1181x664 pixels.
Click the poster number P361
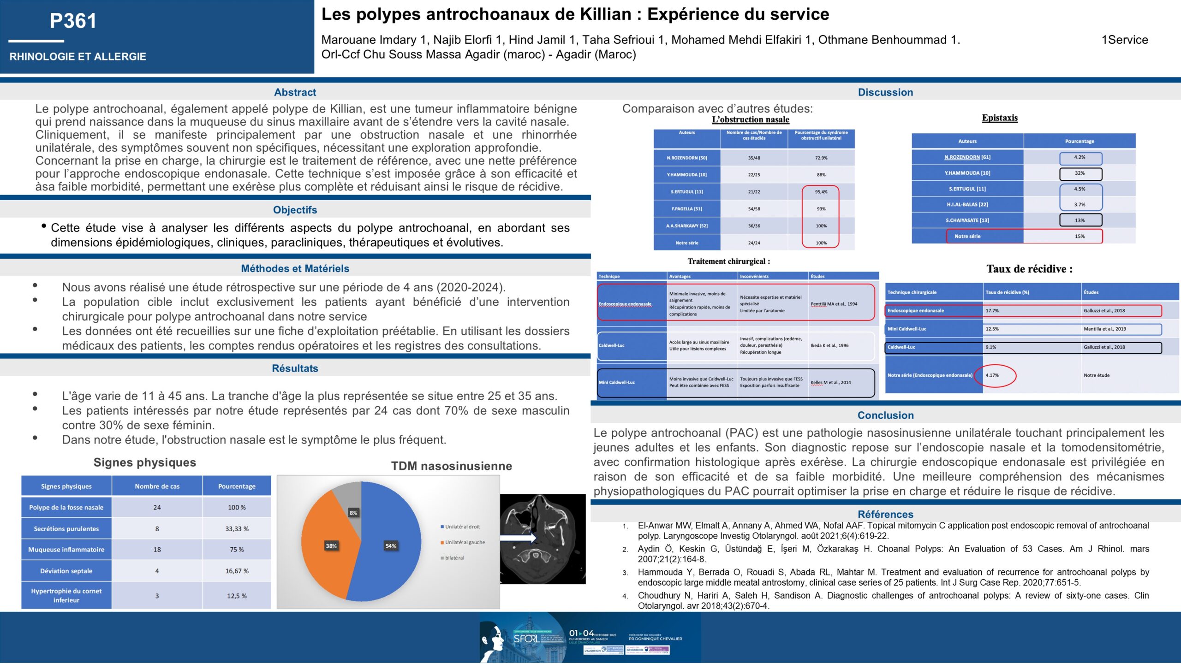73,21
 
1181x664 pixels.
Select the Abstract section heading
295,92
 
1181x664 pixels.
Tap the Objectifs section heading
295,210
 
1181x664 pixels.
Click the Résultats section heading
295,368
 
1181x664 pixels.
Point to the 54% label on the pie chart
391,546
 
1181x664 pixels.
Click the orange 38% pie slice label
331,546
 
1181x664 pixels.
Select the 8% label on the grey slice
353,513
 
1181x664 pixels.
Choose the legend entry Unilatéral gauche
465,542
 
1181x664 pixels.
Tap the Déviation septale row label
66,571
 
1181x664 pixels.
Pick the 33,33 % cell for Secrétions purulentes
237,529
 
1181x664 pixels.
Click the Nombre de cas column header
157,486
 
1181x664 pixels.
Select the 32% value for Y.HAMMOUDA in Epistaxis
1080,173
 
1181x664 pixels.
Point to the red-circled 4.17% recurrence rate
992,375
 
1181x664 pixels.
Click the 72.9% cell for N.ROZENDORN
821,158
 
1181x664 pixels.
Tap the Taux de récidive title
1029,269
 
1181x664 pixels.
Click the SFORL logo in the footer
526,639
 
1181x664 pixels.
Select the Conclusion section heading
885,415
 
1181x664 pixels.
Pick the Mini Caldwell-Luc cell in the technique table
617,382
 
